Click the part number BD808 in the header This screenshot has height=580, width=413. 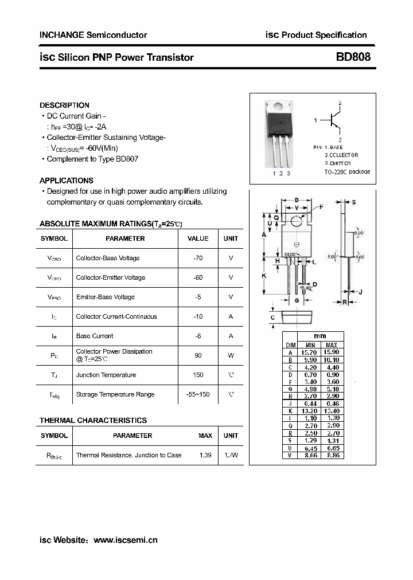coord(353,57)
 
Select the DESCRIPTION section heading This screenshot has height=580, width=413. coord(64,105)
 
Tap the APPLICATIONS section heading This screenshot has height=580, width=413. coord(67,181)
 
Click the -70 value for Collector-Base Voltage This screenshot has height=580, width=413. coord(198,258)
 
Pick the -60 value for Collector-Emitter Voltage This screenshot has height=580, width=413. coord(198,277)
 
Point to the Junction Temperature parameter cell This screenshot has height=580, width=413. coord(106,375)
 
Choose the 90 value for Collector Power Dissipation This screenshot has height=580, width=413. coord(198,355)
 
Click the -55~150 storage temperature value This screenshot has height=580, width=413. coord(198,394)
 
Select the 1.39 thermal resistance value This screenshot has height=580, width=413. coord(205,455)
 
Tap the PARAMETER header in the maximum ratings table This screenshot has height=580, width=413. coord(125,238)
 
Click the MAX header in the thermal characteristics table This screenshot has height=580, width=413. coord(205,436)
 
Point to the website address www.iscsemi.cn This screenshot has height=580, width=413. coord(125,540)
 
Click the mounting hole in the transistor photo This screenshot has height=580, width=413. coord(278,105)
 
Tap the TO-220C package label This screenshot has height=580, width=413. coord(347,171)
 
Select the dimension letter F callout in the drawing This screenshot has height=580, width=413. coord(321,206)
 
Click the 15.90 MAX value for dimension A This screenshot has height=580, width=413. coord(332,352)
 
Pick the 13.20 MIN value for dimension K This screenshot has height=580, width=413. coord(311,411)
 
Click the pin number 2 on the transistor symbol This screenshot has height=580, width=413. coord(340,103)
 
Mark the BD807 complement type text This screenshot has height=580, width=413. coord(127,159)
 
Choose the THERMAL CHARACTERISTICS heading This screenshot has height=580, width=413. coord(93,421)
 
